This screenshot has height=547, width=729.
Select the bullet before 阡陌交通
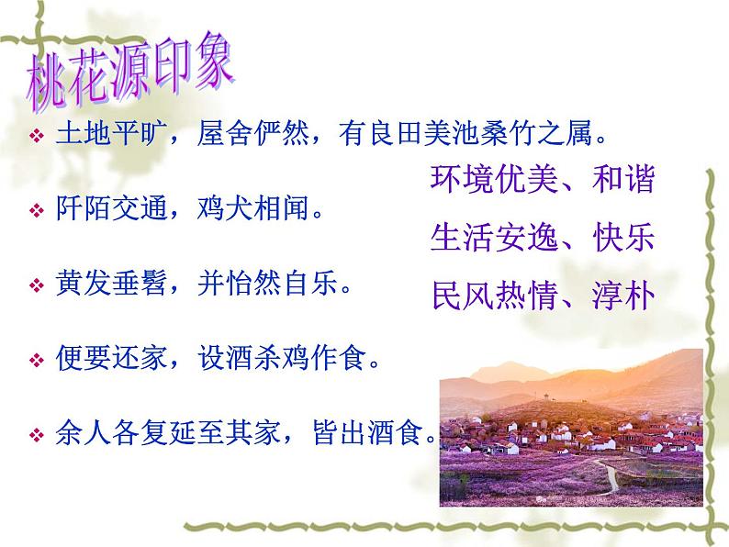(36, 212)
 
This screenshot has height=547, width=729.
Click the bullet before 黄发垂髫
(36, 286)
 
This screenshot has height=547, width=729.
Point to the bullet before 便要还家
(36, 360)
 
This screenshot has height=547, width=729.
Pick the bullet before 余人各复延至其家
(36, 433)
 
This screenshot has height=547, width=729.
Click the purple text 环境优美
(486, 180)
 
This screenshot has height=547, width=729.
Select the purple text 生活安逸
(486, 239)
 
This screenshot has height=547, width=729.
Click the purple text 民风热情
(486, 296)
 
